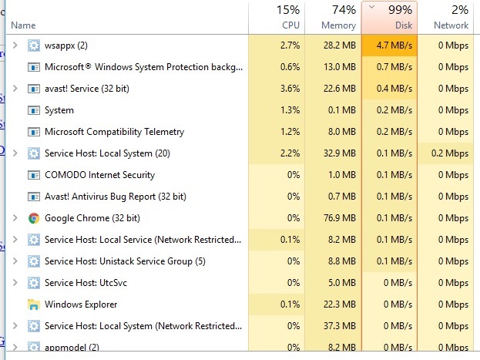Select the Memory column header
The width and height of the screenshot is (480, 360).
click(x=333, y=17)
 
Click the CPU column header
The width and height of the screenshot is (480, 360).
click(x=277, y=17)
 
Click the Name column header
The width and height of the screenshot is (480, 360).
click(x=23, y=25)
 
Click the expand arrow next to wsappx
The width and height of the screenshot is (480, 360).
click(x=15, y=45)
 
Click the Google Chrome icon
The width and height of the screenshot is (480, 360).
click(x=33, y=218)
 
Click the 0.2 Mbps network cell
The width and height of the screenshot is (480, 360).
click(x=449, y=153)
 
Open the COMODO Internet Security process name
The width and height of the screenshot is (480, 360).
click(x=99, y=175)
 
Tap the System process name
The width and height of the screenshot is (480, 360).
click(x=59, y=110)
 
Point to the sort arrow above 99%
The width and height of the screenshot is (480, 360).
click(x=372, y=6)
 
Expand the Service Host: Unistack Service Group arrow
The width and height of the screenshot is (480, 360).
click(x=15, y=261)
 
